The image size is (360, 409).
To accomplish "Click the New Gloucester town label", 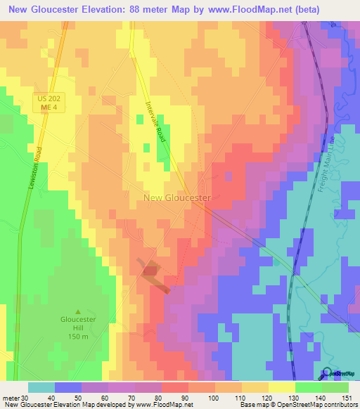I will click(177, 198).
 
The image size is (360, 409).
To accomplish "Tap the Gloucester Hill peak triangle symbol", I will click(78, 311).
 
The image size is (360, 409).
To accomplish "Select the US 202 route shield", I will click(50, 99).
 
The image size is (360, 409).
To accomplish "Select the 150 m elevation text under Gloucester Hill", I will click(77, 337).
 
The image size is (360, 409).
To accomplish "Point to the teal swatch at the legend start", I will click(41, 387).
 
